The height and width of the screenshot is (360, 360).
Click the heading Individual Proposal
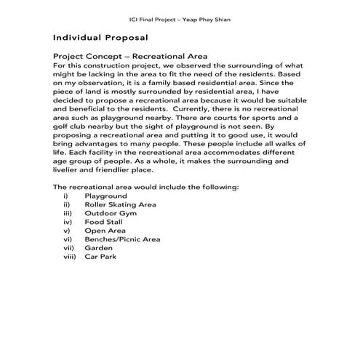[100, 36]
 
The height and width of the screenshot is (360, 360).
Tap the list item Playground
[105, 196]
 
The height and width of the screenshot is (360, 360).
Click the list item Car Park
[100, 256]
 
